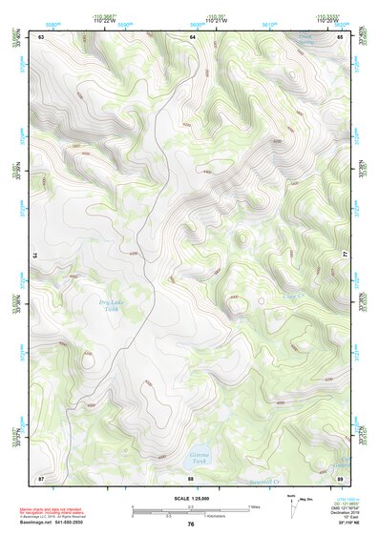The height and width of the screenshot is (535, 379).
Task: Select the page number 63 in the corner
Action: tap(42, 36)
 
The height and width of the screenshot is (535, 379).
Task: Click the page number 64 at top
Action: tap(192, 36)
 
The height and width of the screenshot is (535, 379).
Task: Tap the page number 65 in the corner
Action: tap(341, 36)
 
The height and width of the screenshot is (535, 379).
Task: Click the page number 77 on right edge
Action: tap(345, 255)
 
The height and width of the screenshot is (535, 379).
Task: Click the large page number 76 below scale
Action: tap(191, 525)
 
